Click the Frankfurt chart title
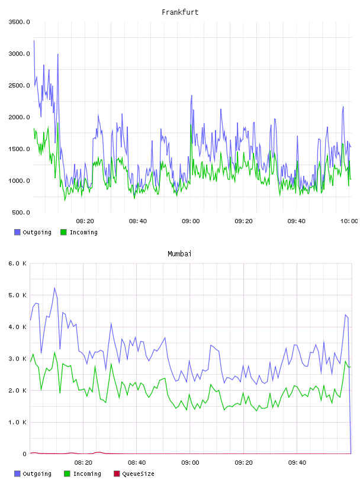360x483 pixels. (180, 12)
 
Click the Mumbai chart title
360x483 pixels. (179, 254)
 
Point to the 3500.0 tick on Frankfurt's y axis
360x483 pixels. (19, 22)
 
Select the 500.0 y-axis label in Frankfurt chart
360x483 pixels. (21, 212)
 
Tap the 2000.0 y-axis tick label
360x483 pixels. (19, 117)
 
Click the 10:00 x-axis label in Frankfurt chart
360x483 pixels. (349, 221)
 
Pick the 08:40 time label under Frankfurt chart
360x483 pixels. (138, 221)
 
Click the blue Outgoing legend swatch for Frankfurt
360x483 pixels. (17, 232)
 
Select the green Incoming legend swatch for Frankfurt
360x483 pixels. (63, 232)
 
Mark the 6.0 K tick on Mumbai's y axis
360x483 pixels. (18, 263)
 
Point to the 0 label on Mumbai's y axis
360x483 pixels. (24, 454)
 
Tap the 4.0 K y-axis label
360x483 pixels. (18, 327)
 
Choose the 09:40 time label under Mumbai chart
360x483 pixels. (297, 463)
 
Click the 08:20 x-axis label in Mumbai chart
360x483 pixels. (83, 463)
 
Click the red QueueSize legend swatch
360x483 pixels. (117, 474)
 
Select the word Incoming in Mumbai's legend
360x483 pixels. (87, 474)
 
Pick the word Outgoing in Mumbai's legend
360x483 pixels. (37, 474)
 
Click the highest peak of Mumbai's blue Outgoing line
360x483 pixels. (54, 288)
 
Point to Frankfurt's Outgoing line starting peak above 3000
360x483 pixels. (34, 40)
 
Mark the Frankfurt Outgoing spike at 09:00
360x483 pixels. (192, 95)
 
